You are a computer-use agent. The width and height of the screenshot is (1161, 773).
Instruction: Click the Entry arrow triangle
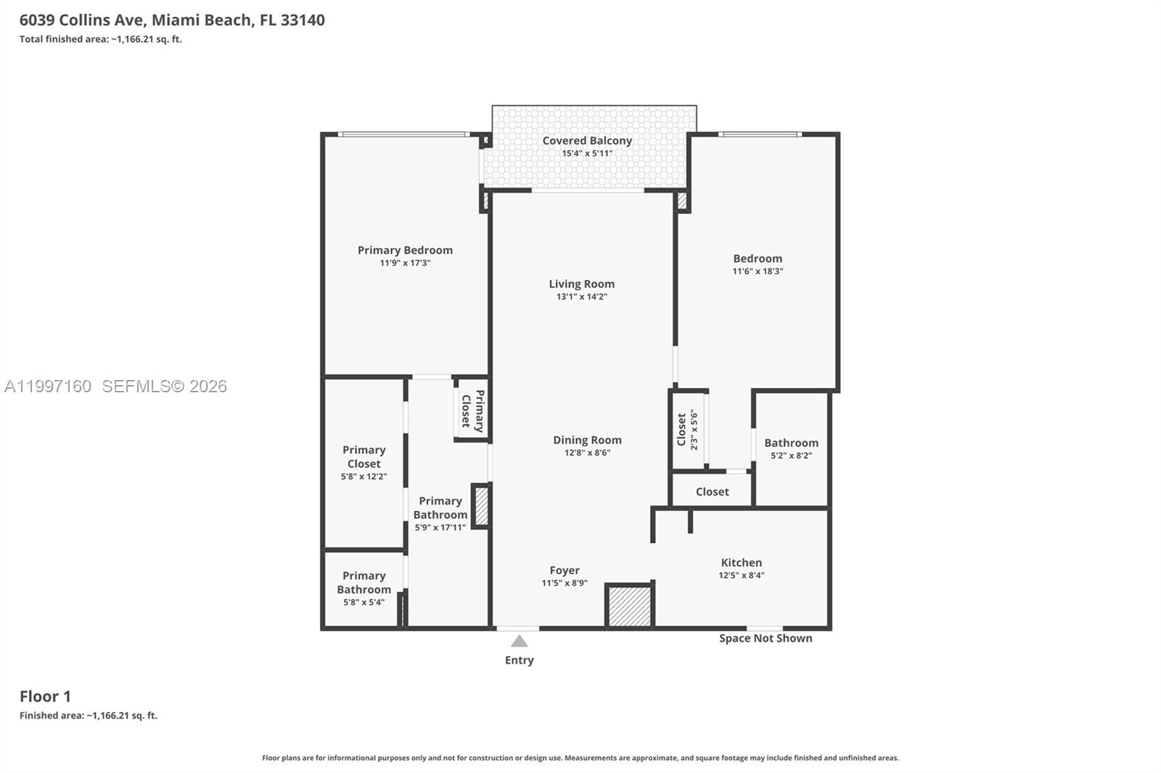519,641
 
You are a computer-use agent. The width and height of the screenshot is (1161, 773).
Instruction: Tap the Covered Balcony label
587,141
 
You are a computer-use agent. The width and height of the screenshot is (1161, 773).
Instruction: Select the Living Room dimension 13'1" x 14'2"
581,297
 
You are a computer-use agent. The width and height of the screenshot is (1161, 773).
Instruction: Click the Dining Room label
587,440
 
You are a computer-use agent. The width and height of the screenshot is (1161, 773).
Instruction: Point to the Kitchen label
741,563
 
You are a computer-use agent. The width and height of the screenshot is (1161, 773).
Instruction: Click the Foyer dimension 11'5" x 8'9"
564,583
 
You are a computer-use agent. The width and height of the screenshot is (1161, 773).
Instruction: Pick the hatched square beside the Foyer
629,606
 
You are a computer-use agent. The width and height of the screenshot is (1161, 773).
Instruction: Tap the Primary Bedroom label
405,250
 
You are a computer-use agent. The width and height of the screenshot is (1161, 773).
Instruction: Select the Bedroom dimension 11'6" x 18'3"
758,271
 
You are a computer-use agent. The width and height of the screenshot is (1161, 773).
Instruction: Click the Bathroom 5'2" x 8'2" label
791,443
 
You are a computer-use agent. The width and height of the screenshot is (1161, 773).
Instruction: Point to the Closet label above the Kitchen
712,492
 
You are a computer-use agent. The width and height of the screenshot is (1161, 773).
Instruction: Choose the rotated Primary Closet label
472,411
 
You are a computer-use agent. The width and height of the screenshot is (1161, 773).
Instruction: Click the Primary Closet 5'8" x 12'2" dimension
364,476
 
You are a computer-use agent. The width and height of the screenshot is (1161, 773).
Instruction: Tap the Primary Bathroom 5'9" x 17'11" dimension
440,527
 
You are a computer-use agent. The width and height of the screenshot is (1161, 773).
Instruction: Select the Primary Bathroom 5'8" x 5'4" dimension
364,602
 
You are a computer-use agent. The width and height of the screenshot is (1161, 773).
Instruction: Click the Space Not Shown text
766,638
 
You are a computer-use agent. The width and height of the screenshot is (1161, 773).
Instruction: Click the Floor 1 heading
45,696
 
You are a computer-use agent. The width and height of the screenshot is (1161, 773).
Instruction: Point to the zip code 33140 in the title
302,20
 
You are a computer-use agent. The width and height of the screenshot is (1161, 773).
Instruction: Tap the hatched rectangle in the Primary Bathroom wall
480,506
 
